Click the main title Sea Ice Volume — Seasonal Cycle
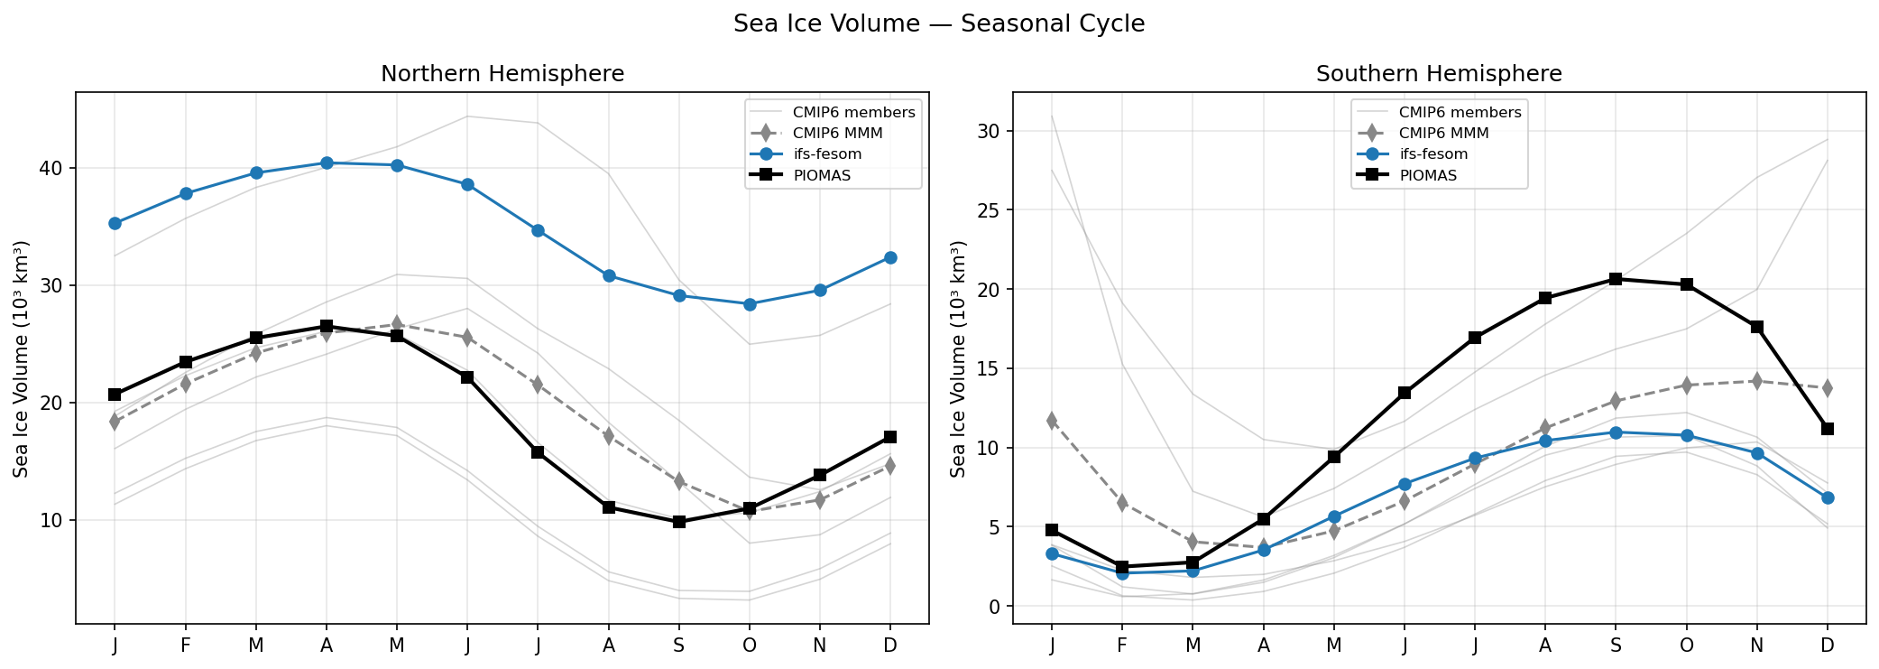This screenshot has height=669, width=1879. click(938, 24)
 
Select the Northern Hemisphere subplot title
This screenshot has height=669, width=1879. click(502, 74)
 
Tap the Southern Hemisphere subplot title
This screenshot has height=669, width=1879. click(1439, 74)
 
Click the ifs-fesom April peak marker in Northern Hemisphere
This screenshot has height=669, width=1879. click(327, 163)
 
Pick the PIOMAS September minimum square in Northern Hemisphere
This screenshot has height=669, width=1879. click(679, 522)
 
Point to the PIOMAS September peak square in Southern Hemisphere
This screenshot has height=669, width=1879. click(1616, 279)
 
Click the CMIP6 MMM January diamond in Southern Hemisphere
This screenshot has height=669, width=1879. click(1052, 421)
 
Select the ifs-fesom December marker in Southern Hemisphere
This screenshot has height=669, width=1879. click(1828, 497)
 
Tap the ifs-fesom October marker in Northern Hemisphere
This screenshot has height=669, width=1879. click(749, 304)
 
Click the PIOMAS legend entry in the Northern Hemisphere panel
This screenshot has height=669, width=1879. click(821, 176)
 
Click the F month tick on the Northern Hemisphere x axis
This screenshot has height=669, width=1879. click(186, 646)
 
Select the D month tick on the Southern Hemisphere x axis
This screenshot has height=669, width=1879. click(1828, 646)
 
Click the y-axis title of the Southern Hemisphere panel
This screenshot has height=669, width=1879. click(958, 358)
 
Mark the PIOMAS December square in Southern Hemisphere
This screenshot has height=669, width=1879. click(1828, 429)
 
